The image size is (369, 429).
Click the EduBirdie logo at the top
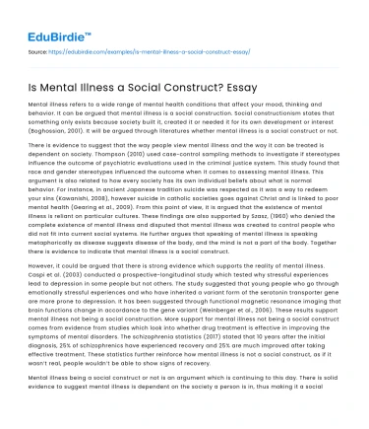coord(48,19)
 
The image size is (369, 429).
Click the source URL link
coord(127,47)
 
